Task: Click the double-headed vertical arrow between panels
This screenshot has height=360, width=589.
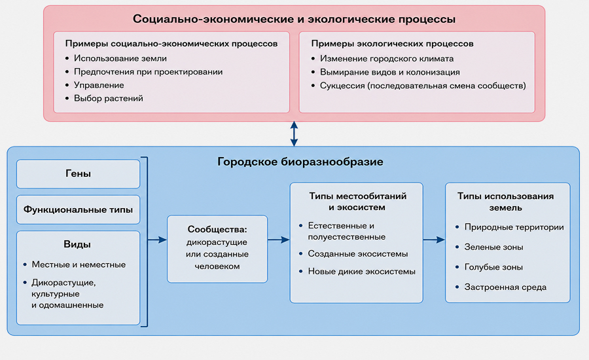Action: pos(294,134)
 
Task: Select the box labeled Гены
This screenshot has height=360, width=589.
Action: pos(78,173)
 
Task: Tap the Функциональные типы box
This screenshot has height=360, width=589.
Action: pos(78,209)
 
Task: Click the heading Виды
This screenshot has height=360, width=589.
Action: pos(77,244)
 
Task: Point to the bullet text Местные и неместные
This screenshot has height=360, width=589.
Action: pos(79,264)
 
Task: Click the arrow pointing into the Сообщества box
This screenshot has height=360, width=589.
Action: pos(157,240)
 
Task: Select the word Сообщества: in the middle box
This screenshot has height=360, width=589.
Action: pos(217,229)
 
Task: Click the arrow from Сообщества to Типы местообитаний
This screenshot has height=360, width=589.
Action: pos(278,240)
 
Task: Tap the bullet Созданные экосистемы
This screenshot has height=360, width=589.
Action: pos(358,254)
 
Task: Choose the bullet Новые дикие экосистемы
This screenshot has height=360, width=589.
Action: pos(362,272)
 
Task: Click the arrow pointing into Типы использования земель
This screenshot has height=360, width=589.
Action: pos(434,240)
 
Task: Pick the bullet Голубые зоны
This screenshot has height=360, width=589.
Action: pos(493,267)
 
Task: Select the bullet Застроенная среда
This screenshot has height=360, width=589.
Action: pos(506,287)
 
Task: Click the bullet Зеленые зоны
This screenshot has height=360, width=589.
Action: pos(494,247)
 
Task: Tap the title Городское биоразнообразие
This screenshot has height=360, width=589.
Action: pos(300,162)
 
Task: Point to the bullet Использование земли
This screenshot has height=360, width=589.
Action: pos(120,58)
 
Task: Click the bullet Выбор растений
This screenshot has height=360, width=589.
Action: pos(109,98)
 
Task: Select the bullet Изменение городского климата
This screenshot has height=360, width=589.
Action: pos(387,59)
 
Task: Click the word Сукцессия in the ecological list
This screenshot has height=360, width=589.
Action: pos(342,86)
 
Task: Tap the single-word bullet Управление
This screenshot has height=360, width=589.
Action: pos(99,85)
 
